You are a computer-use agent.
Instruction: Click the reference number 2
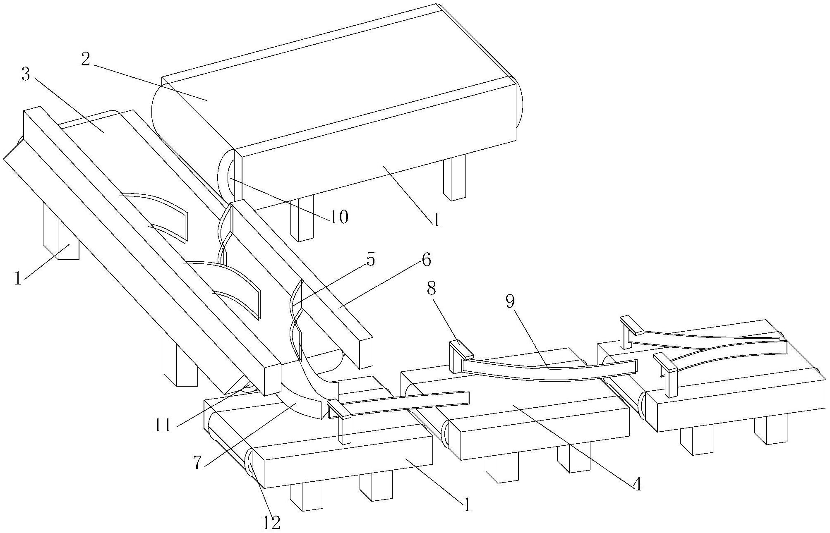pos(86,60)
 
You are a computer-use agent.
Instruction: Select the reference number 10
pos(339,217)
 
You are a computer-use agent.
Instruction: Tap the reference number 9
pos(510,302)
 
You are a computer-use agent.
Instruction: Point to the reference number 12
pos(271,523)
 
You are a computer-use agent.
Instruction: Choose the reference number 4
pos(637,484)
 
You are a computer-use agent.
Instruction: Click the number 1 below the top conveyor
pos(436,219)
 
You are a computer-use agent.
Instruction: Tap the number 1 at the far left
pos(17,278)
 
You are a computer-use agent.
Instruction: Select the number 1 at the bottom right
pos(467,505)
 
